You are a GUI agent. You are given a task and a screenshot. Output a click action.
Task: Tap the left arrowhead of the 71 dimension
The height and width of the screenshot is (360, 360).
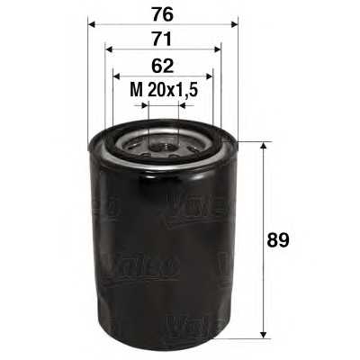pos(108,50)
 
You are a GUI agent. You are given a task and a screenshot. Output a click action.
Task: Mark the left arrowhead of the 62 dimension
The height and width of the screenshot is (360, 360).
pos(116,76)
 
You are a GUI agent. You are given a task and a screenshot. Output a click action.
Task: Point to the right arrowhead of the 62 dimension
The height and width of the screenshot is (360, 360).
pos(209,76)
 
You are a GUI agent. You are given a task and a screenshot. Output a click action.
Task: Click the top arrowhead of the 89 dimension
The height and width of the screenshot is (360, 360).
pos(262,145)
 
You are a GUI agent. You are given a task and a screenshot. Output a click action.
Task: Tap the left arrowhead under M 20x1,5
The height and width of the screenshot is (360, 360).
pos(141,104)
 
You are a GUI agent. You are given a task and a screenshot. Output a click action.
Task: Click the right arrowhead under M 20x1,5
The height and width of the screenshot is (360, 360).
pos(183,104)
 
